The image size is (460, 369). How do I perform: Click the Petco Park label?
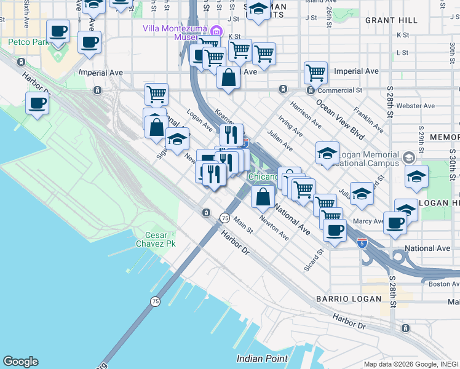[28, 42]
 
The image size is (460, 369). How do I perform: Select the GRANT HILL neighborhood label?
[391, 20]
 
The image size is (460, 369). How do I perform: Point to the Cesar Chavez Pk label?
[160, 239]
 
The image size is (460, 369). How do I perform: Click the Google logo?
[20, 362]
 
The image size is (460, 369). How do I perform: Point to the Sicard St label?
[313, 260]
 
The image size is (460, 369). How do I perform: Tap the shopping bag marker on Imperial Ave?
[228, 78]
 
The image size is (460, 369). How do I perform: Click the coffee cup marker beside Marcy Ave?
[395, 223]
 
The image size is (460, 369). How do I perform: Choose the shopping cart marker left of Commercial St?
[315, 73]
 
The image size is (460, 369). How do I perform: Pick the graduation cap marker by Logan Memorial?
[327, 153]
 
